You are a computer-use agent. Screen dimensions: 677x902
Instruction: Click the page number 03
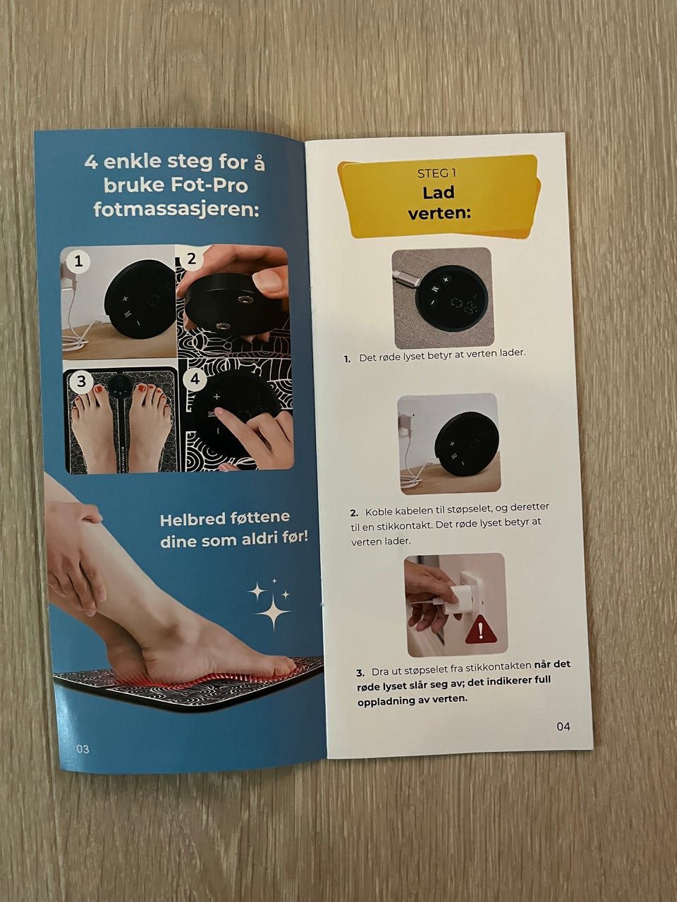click(x=83, y=748)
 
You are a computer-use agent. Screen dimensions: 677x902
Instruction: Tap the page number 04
click(x=563, y=727)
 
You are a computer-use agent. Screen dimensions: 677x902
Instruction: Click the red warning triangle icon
click(x=480, y=631)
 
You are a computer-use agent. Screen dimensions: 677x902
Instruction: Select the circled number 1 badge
click(x=78, y=261)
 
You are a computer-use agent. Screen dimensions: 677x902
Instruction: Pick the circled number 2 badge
click(x=191, y=259)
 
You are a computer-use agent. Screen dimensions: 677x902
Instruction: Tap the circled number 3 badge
click(x=81, y=381)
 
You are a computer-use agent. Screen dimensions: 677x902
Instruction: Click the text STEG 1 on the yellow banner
click(x=437, y=174)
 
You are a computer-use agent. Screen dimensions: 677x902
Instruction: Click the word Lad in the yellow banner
click(x=439, y=192)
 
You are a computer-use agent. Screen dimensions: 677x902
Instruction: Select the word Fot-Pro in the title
click(x=209, y=185)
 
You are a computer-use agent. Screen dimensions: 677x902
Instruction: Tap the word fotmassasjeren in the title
click(x=176, y=209)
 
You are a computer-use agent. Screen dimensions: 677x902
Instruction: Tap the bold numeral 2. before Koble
click(x=354, y=513)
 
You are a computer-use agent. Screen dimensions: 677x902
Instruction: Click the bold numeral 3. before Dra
click(x=360, y=673)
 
